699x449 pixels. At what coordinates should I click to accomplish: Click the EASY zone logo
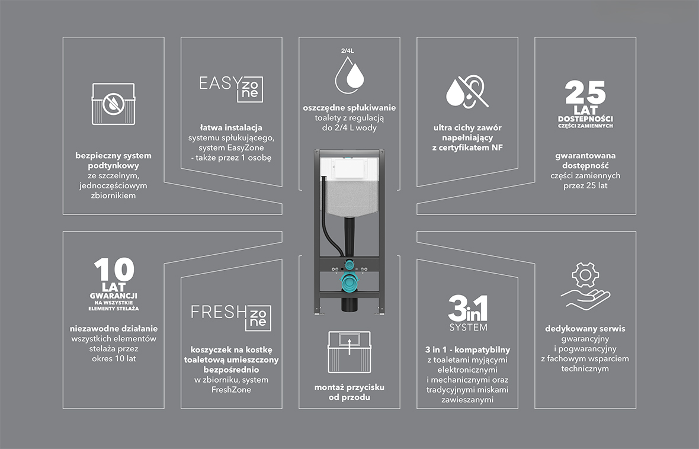click(231, 89)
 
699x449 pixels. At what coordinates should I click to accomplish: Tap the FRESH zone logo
click(231, 317)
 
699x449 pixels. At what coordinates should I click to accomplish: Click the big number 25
click(585, 92)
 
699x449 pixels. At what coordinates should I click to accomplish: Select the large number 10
click(114, 270)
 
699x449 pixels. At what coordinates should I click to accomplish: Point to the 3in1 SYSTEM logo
click(467, 313)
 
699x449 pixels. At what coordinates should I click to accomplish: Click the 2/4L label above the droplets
click(347, 51)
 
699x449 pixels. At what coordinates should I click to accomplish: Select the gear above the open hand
click(585, 275)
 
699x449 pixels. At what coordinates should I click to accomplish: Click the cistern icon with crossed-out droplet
click(113, 104)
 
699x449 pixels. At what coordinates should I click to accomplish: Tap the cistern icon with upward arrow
click(349, 352)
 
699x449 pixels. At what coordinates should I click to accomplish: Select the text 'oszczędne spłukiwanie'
click(349, 108)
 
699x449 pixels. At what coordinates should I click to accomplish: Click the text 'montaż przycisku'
click(349, 387)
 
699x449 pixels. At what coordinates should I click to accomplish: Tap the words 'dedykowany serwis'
click(585, 329)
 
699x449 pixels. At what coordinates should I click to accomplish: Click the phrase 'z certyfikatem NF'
click(467, 147)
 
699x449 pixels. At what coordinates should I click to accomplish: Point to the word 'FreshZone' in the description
click(231, 390)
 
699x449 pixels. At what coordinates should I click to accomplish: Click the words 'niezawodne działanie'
click(114, 329)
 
